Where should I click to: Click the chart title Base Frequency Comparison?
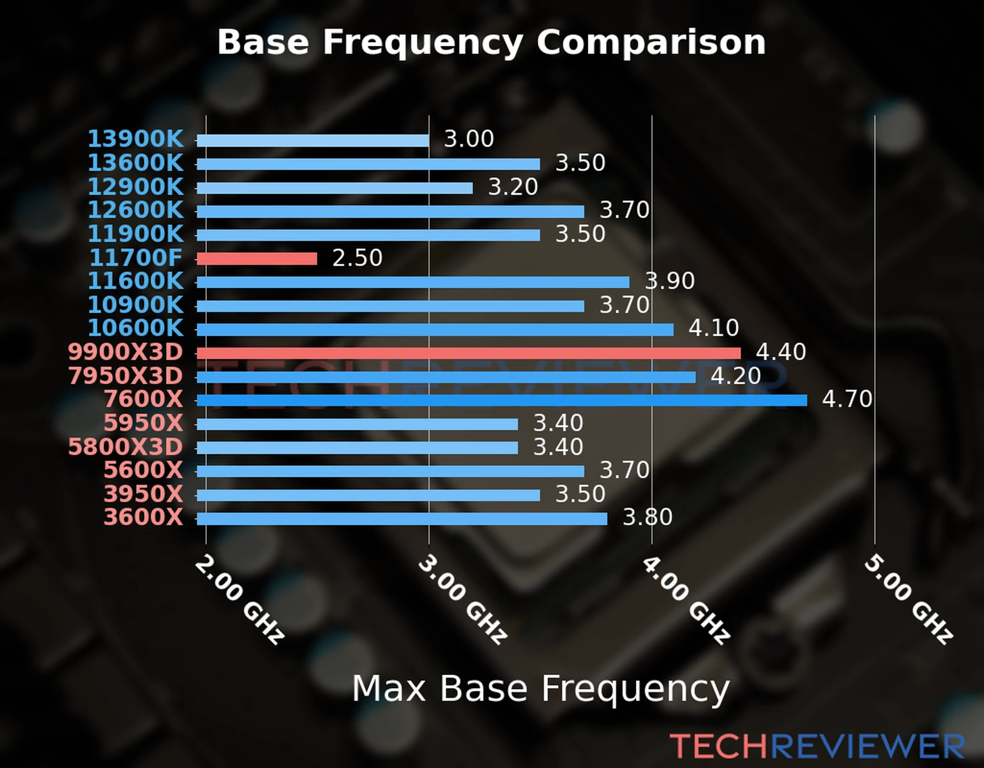(491, 42)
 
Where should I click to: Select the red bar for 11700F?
(256, 259)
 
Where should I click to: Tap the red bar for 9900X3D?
(468, 353)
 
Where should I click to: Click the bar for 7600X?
(502, 401)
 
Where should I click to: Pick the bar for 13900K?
(313, 141)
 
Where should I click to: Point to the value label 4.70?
(846, 399)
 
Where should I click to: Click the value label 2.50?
(357, 258)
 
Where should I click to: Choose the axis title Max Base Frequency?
(541, 689)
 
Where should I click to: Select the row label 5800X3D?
(126, 447)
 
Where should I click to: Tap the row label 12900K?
(135, 187)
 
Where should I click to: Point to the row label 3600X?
(143, 516)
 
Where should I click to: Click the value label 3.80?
(647, 517)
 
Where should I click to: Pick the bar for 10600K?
(435, 330)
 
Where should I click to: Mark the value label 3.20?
(512, 187)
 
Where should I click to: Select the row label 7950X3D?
(126, 376)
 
